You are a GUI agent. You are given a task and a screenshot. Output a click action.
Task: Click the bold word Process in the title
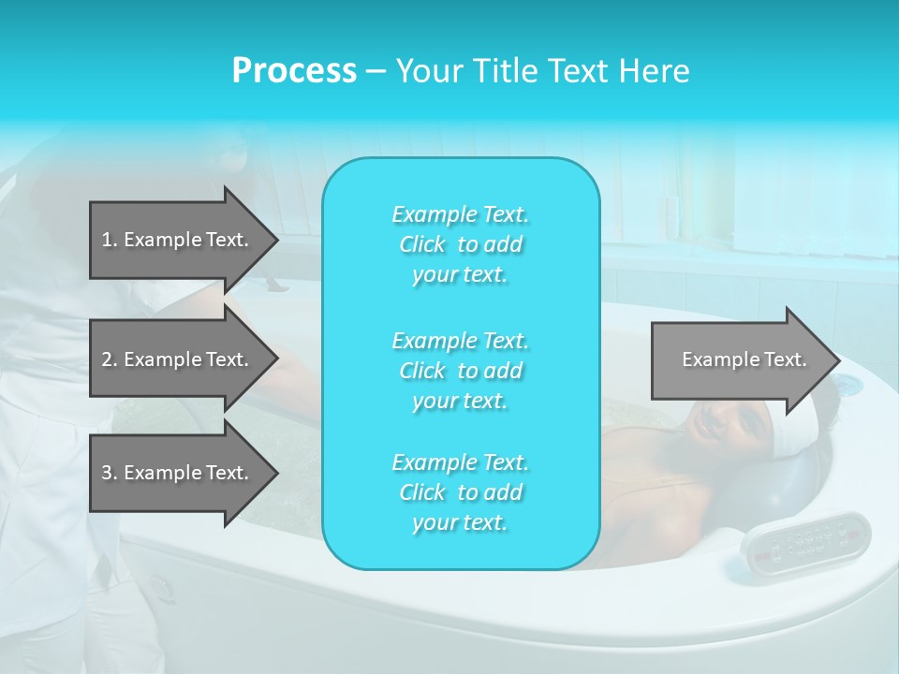[294, 71]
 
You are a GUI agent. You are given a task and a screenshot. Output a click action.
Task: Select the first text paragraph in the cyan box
[460, 244]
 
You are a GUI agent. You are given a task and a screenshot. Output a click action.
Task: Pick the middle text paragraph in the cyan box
[460, 371]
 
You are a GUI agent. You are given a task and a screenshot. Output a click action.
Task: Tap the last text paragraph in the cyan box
[460, 492]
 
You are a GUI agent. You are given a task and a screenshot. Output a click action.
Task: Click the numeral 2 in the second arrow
[106, 359]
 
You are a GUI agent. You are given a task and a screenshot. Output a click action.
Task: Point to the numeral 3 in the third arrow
[106, 473]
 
